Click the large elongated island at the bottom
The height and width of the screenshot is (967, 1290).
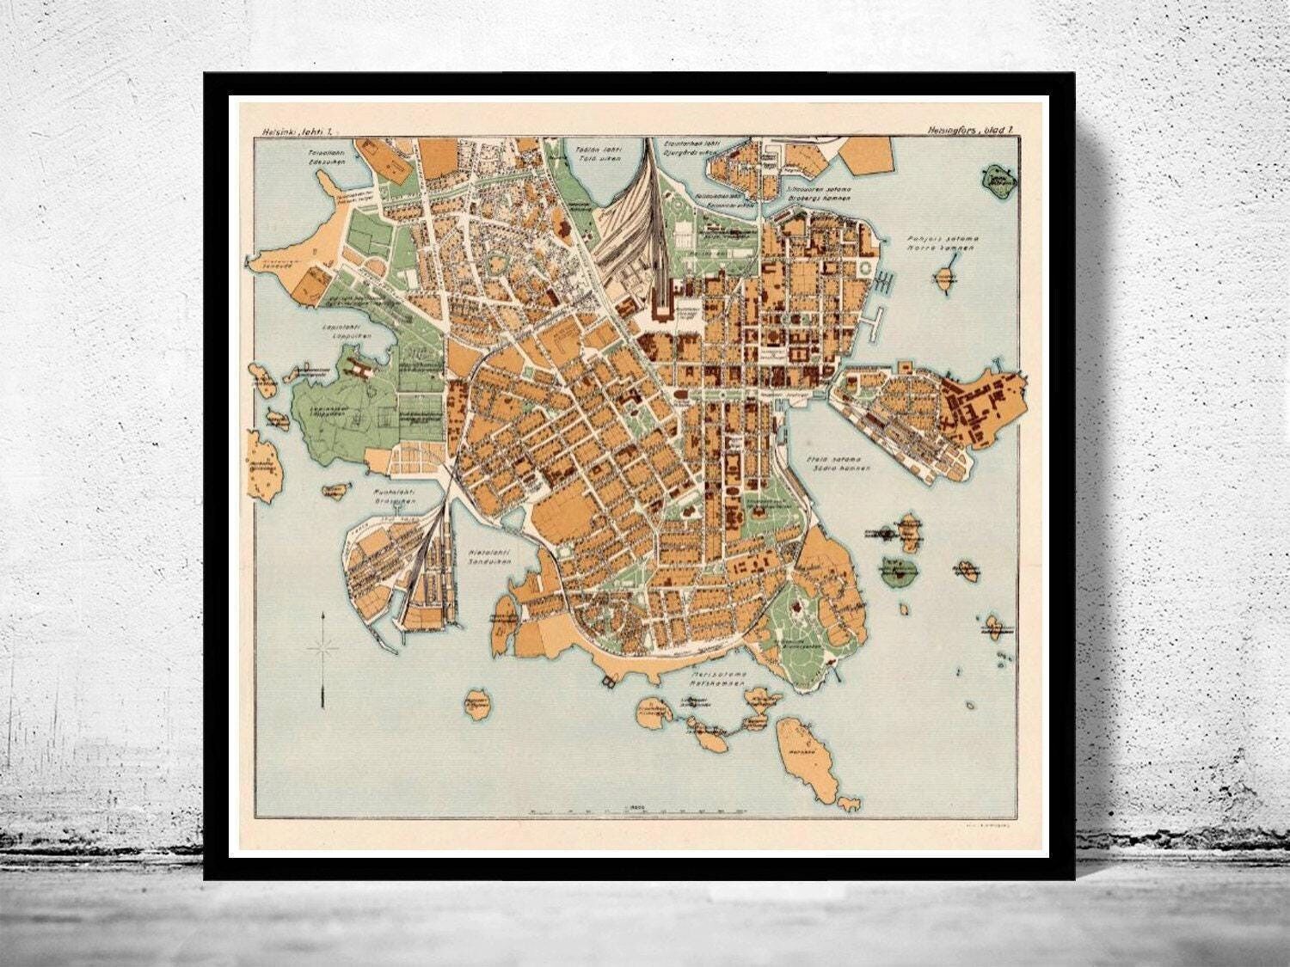coord(801,749)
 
